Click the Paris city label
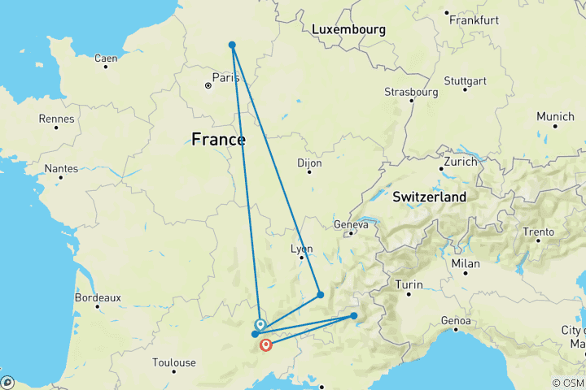click(225, 78)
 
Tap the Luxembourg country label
click(348, 29)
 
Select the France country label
click(218, 139)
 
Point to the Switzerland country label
click(430, 197)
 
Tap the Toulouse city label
click(175, 362)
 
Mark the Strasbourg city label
click(411, 92)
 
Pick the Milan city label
click(466, 265)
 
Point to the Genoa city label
click(456, 321)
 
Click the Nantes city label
click(67, 169)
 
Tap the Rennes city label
click(58, 119)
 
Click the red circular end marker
click(265, 346)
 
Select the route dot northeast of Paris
click(232, 45)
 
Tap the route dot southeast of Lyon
click(321, 294)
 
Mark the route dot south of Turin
click(354, 315)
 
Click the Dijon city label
click(310, 162)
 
